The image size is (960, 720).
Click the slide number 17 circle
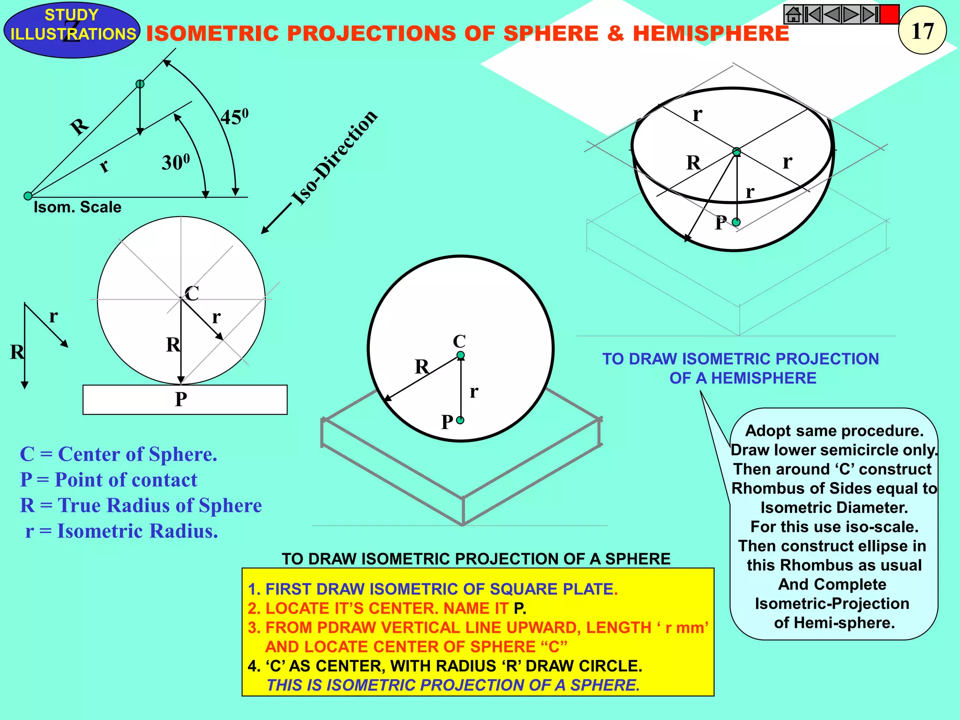click(x=922, y=30)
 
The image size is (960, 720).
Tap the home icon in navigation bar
click(x=793, y=15)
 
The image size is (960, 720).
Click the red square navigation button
click(x=889, y=15)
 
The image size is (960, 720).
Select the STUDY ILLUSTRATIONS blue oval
click(x=72, y=30)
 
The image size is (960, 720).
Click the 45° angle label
click(x=234, y=117)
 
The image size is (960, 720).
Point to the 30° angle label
click(x=176, y=162)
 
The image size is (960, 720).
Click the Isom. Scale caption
click(x=77, y=207)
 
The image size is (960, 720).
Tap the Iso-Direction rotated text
click(x=334, y=157)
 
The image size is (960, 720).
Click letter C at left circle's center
click(x=192, y=294)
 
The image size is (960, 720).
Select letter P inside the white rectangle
click(x=181, y=399)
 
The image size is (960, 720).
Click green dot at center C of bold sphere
click(x=461, y=355)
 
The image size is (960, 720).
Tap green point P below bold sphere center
click(x=460, y=420)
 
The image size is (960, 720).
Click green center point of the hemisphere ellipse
click(x=736, y=152)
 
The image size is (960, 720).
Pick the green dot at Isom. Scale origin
click(x=28, y=196)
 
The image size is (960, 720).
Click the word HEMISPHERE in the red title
click(x=711, y=34)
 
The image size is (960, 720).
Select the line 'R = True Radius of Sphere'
click(x=141, y=505)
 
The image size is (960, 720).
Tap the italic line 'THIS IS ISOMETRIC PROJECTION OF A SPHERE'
click(x=453, y=685)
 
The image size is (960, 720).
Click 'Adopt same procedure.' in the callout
click(x=834, y=431)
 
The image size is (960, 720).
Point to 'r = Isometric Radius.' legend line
click(x=121, y=531)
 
